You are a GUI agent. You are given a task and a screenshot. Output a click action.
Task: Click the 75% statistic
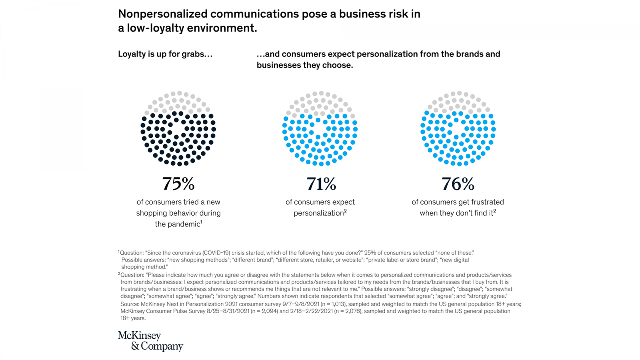(x=178, y=184)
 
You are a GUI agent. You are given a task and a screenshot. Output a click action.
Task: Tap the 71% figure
(x=321, y=184)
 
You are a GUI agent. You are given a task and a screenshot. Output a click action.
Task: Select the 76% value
(x=458, y=184)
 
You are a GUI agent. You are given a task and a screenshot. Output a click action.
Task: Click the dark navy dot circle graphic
(x=178, y=128)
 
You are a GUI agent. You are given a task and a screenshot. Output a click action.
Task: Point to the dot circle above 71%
(x=320, y=128)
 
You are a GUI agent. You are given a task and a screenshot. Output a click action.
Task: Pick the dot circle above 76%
(x=458, y=128)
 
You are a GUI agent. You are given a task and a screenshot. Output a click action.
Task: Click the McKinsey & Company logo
(x=150, y=341)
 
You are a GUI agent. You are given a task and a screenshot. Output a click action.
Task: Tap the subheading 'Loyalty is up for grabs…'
(x=165, y=54)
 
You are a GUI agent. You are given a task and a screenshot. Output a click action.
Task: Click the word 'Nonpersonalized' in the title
(x=162, y=14)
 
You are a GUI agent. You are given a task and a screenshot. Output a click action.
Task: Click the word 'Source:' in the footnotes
(x=130, y=304)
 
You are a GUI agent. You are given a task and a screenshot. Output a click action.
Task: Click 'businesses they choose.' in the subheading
(x=305, y=65)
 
